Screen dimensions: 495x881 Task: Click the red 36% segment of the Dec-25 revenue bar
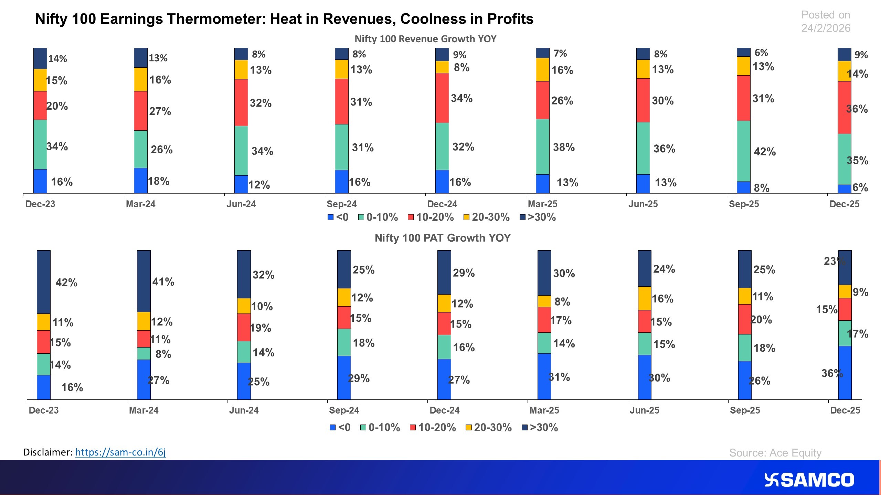pos(844,108)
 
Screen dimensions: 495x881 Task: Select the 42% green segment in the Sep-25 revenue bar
pos(743,151)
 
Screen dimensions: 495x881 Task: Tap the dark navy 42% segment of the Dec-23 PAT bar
pos(44,282)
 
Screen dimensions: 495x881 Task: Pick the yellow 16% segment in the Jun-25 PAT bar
pos(645,298)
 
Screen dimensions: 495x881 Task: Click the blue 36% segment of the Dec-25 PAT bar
pos(845,373)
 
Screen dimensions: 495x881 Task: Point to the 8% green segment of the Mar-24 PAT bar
pos(144,353)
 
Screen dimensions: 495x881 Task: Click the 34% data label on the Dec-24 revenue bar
pos(461,98)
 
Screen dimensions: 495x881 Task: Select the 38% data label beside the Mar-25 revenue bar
pos(564,147)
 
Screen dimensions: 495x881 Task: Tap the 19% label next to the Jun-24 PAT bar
pos(261,328)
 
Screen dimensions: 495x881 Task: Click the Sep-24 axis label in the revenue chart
pos(341,204)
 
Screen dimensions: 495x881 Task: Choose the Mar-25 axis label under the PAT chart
pos(544,410)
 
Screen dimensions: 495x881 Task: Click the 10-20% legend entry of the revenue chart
pos(431,217)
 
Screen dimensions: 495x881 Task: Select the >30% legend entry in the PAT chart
pos(540,428)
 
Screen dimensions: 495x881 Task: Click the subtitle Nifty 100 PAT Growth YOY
pos(443,238)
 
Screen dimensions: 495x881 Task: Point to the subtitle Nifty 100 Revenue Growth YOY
pos(425,39)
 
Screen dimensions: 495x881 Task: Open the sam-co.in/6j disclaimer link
pos(120,452)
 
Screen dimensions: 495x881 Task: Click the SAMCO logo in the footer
pos(809,480)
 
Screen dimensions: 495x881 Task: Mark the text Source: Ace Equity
pos(775,453)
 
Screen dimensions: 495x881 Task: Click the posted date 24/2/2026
pos(826,28)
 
